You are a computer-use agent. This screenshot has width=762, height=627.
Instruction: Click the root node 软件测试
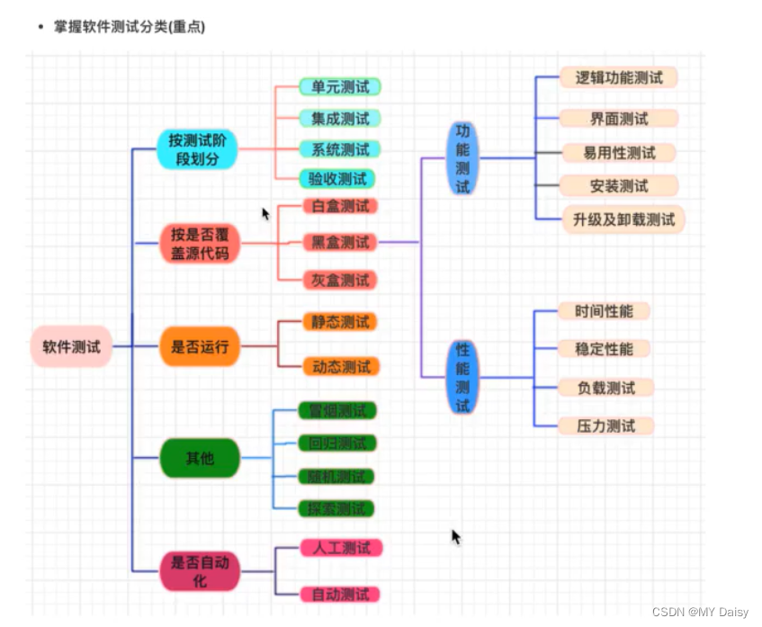tap(71, 346)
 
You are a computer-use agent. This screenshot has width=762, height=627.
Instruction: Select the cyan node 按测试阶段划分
tap(197, 149)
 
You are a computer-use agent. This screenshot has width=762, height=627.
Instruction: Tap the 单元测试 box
tap(340, 87)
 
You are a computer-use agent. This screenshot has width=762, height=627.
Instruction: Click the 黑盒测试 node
tap(340, 242)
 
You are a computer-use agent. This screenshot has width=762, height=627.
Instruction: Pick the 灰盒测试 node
tap(340, 280)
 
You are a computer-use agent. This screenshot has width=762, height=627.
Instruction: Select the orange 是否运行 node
tap(200, 346)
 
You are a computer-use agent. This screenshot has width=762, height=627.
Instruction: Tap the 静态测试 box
tap(340, 322)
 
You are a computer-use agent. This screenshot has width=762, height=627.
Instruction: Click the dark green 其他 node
tap(200, 459)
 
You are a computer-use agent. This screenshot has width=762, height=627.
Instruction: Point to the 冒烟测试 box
tap(337, 411)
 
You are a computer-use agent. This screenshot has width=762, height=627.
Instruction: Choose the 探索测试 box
tap(337, 509)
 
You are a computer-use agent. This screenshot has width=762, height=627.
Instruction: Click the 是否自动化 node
tap(200, 571)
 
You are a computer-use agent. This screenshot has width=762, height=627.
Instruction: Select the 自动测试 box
tap(340, 595)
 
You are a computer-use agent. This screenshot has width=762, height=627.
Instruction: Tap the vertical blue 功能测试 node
tap(462, 158)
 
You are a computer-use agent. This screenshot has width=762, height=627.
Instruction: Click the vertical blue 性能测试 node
tap(462, 377)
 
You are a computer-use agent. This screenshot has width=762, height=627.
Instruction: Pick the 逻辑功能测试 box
tap(618, 78)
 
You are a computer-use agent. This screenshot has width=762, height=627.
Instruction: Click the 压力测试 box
tap(605, 425)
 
